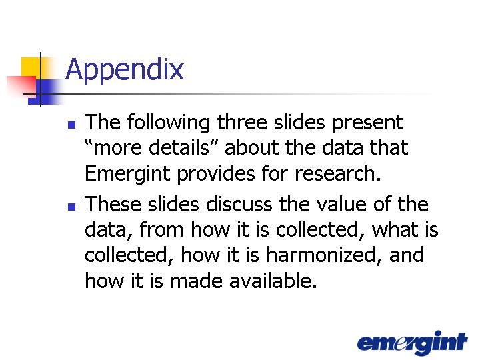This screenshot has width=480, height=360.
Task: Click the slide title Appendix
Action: click(x=125, y=70)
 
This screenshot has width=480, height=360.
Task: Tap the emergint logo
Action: click(x=413, y=343)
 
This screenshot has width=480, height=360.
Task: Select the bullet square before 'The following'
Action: click(x=71, y=125)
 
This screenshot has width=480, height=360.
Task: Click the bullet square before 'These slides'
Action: click(x=71, y=207)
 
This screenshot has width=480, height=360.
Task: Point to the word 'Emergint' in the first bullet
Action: click(x=127, y=174)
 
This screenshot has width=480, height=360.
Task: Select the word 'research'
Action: click(x=335, y=173)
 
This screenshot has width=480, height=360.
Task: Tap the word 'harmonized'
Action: click(x=321, y=255)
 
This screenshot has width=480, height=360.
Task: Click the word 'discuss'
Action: click(x=239, y=204)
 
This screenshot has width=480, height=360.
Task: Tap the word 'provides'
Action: click(x=216, y=174)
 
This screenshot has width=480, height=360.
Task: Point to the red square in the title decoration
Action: click(x=21, y=87)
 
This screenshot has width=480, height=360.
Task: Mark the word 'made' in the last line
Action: click(x=196, y=281)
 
